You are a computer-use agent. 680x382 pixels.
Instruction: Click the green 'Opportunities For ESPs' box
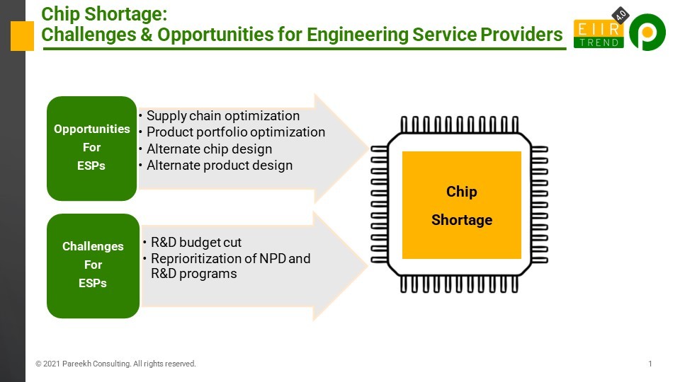(91, 148)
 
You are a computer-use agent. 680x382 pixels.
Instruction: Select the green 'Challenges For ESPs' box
(93, 265)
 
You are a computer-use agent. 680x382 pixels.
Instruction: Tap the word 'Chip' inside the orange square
(461, 192)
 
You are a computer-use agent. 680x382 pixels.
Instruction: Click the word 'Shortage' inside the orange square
(461, 219)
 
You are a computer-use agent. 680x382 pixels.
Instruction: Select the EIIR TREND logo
(599, 34)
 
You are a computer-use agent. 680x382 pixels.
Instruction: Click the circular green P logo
(647, 32)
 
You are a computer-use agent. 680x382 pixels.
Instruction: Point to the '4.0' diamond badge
(620, 15)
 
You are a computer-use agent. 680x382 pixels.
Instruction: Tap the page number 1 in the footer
(650, 364)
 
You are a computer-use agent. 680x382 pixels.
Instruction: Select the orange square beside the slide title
(22, 36)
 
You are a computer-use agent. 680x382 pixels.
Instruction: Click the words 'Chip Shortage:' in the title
(104, 14)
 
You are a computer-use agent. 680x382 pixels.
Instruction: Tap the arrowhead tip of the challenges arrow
(368, 265)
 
